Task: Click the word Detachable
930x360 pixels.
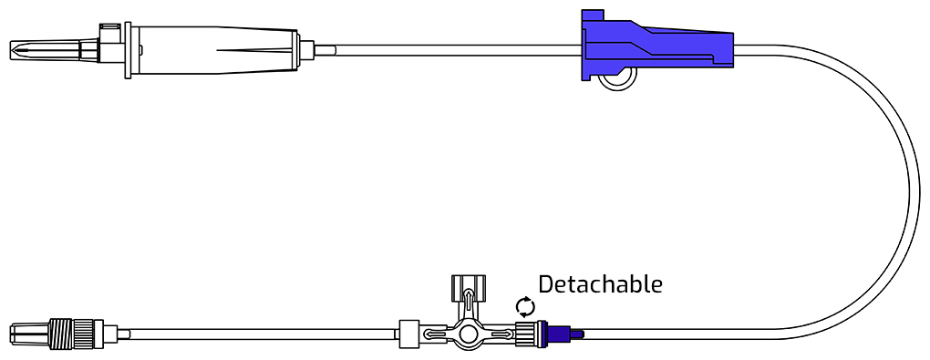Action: coord(600,284)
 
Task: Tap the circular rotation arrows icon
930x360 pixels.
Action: coord(525,307)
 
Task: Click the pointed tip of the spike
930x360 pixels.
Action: coord(11,50)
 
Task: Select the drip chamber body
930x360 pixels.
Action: coord(213,50)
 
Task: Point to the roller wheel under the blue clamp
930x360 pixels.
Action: coord(617,79)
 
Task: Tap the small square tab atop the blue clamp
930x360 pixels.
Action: coord(593,15)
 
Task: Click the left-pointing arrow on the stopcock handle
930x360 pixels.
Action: coord(437,334)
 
